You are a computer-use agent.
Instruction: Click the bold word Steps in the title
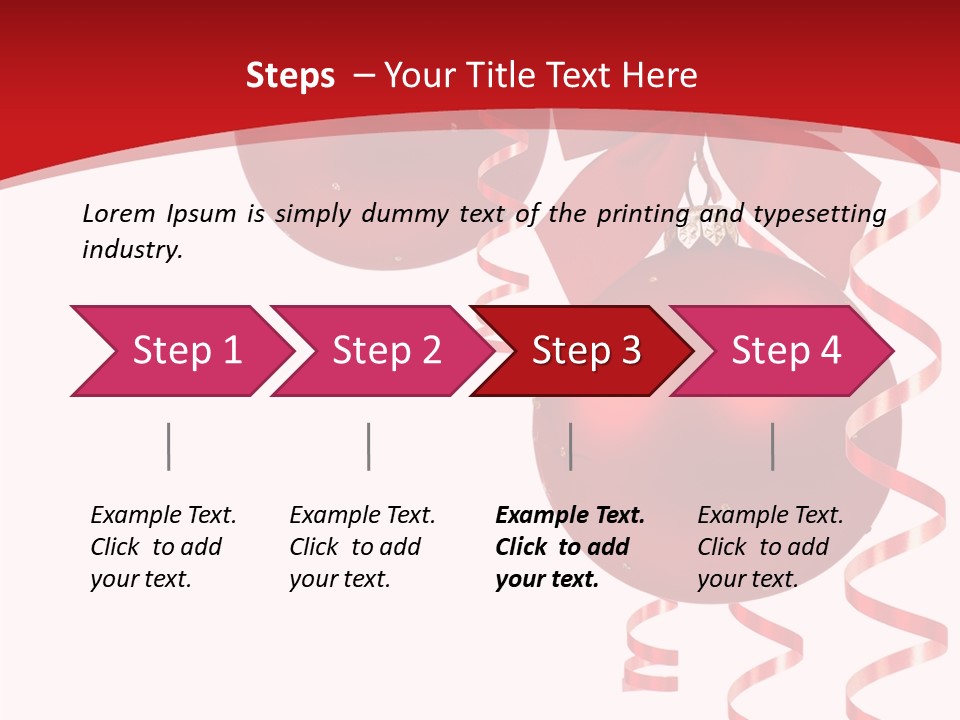click(x=290, y=76)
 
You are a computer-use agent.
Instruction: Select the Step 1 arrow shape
click(x=180, y=351)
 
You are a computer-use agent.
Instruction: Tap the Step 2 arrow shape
click(x=380, y=351)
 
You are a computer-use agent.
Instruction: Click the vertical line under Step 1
click(x=169, y=446)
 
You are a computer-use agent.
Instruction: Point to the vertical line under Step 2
click(x=369, y=446)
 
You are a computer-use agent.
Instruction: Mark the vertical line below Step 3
click(x=570, y=446)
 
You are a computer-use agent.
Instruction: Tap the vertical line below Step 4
click(x=773, y=446)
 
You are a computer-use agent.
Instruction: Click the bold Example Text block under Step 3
click(x=570, y=547)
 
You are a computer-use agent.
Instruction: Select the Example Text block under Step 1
click(x=163, y=547)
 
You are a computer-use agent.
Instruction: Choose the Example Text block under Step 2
click(x=362, y=547)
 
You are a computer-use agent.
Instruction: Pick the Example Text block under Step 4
click(x=770, y=547)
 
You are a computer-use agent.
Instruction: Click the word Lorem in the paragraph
click(x=119, y=213)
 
